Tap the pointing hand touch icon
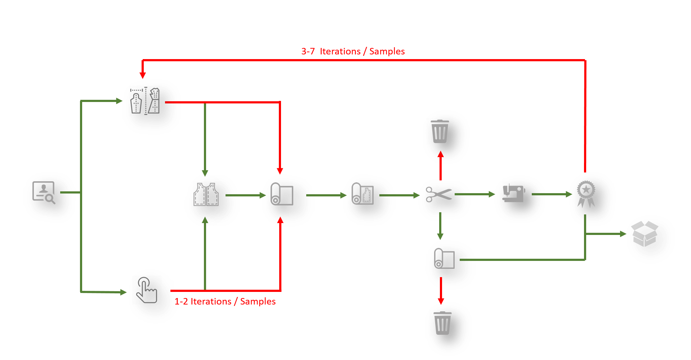[146, 292]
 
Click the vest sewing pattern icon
[206, 194]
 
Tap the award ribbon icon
[586, 194]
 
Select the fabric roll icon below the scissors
[445, 258]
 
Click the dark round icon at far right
[650, 239]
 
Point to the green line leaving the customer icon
[68, 192]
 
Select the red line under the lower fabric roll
[441, 283]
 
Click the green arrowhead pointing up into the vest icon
[205, 220]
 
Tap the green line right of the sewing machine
[538, 194]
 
